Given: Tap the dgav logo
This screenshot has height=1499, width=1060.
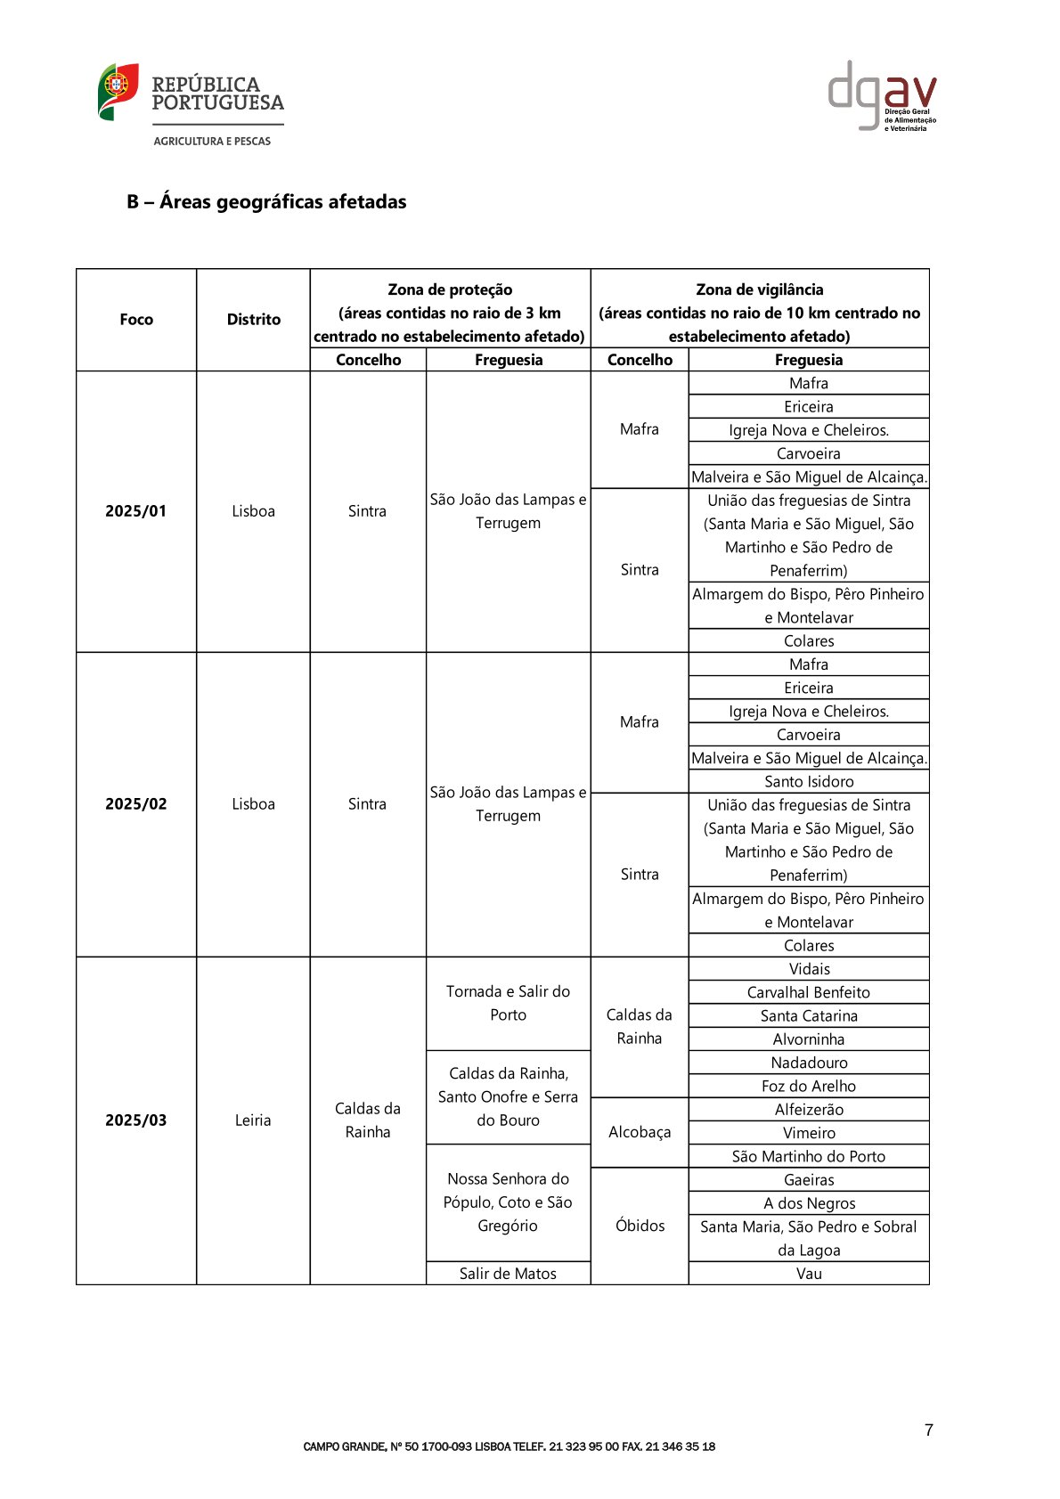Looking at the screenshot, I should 882,96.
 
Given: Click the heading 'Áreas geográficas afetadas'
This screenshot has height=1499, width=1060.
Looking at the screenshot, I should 266,202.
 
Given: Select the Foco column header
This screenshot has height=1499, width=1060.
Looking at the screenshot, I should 136,320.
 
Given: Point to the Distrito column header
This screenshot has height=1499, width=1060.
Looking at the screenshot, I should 253,320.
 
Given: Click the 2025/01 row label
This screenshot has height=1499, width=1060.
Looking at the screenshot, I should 136,511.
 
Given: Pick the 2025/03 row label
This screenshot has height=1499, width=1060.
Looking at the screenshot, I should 136,1120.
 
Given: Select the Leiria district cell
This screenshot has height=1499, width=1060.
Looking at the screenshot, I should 253,1120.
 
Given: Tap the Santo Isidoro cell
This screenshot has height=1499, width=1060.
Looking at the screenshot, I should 809,782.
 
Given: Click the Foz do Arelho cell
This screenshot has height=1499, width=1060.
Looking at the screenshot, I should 809,1087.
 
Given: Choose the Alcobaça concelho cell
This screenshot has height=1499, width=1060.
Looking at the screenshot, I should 640,1133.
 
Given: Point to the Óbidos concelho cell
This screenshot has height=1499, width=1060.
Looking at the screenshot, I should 640,1226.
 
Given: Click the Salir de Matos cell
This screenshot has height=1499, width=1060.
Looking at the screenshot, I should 508,1274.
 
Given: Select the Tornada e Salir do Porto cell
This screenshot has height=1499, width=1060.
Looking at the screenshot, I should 508,1004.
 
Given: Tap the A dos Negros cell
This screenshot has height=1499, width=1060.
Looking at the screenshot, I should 809,1203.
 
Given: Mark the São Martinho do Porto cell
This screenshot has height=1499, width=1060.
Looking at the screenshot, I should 809,1157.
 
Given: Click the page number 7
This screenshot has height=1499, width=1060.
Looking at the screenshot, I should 929,1430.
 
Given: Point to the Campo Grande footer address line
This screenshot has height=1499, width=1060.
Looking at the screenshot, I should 510,1447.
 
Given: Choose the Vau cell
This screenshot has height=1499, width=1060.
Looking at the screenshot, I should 809,1274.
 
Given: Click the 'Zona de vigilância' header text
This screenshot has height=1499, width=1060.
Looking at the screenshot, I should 760,290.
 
